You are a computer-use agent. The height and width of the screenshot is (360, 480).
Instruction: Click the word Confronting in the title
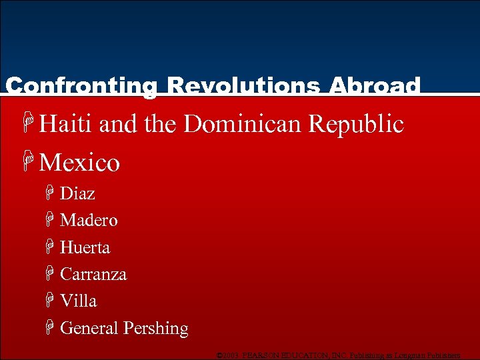click(x=81, y=86)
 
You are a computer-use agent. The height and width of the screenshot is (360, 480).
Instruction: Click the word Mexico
click(x=79, y=163)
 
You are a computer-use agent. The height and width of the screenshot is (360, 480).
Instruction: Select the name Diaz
click(x=77, y=194)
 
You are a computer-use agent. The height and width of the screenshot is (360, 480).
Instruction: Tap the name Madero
click(x=89, y=221)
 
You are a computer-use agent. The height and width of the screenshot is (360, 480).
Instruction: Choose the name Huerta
click(x=85, y=248)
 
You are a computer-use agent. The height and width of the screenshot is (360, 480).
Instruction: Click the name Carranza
click(x=93, y=275)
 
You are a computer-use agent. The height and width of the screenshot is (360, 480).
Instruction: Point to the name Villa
click(x=78, y=301)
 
